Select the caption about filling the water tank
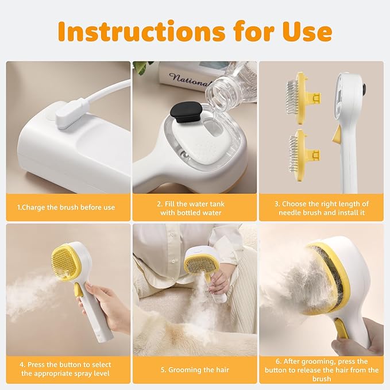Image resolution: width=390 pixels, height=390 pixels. [194, 208]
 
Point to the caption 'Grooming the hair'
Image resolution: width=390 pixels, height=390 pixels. [194, 369]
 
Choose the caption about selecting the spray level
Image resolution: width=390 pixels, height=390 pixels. [66, 369]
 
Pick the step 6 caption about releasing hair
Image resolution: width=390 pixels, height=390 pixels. [322, 370]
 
